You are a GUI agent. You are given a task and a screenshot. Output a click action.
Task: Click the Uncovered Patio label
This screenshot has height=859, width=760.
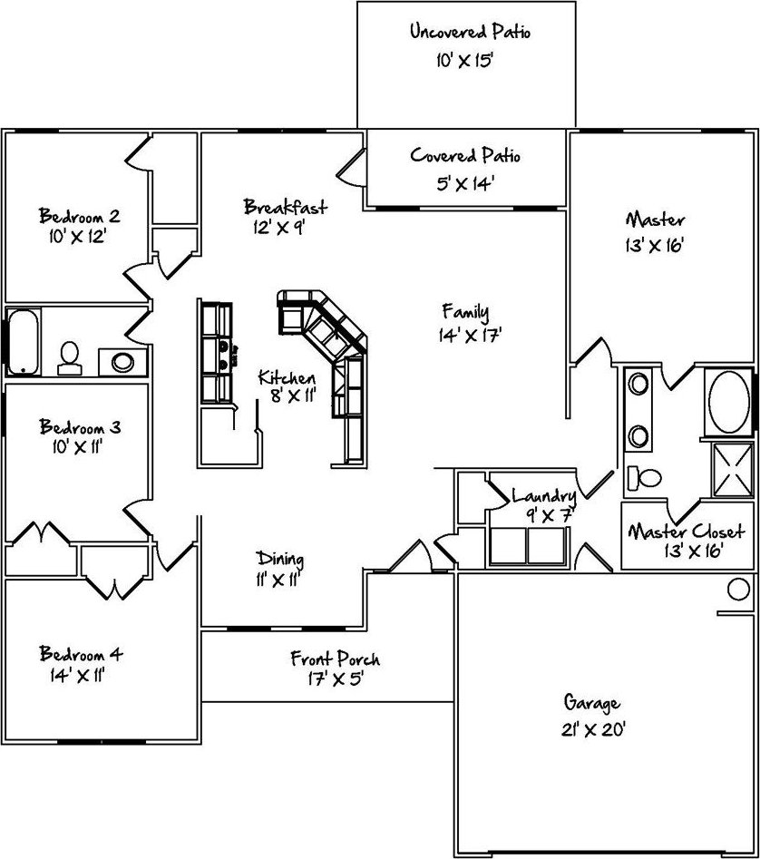[x=471, y=31]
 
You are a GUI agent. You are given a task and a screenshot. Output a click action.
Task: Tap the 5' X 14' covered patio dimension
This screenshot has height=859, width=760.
[x=465, y=183]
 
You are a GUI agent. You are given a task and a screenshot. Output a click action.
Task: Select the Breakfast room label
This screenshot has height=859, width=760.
[x=286, y=207]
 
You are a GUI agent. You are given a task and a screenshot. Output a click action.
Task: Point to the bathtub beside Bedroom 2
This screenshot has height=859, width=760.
[x=23, y=342]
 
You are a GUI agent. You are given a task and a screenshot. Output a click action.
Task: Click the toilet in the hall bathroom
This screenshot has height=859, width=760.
[x=70, y=358]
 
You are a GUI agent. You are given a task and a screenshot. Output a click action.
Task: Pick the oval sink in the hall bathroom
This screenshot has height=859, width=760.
[x=122, y=362]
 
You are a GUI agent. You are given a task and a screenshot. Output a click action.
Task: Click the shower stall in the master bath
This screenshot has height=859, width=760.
[x=733, y=470]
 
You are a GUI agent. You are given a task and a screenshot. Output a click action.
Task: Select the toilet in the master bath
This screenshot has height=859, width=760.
[x=644, y=478]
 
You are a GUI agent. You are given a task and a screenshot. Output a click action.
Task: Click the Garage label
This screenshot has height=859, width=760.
[x=592, y=703]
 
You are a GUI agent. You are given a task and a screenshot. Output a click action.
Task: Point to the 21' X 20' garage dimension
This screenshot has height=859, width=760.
[x=593, y=729]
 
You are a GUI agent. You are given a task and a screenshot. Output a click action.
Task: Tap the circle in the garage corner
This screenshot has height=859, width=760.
[x=738, y=590]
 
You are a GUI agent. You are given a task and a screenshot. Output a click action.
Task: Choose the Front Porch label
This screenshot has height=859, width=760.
[x=335, y=658]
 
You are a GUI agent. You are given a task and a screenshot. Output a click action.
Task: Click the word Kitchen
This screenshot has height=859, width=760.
[x=287, y=377]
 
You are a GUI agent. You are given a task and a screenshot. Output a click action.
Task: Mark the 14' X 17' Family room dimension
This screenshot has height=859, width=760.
[x=471, y=334]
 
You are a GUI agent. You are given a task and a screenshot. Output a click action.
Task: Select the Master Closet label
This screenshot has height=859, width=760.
[x=686, y=531]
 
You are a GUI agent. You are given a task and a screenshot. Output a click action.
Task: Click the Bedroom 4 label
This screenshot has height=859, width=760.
[x=81, y=653]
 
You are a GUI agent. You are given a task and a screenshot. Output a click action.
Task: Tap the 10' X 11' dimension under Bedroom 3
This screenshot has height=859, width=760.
[x=78, y=447]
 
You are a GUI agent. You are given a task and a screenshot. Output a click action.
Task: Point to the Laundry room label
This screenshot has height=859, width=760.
[x=544, y=496]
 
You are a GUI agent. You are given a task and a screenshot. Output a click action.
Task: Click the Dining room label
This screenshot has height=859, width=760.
[x=280, y=560]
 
